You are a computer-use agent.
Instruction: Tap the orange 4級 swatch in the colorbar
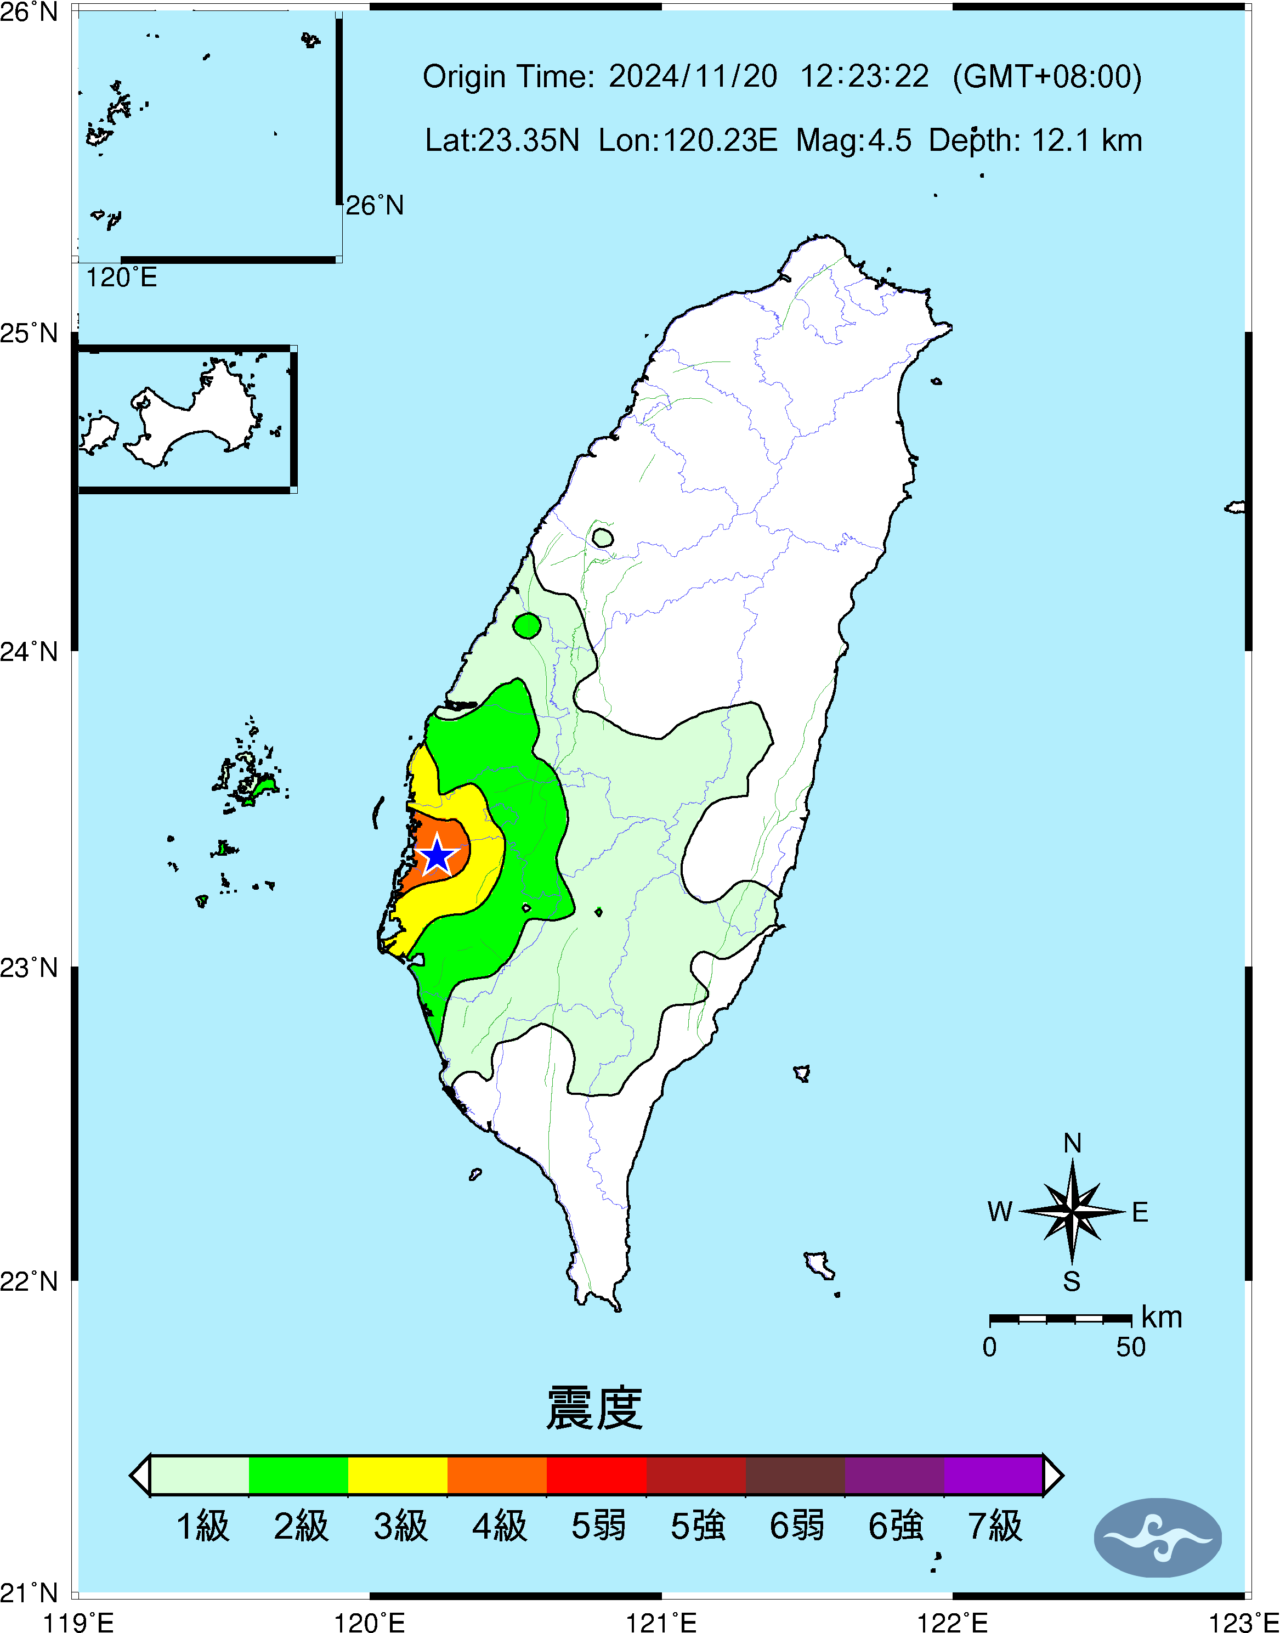coord(497,1475)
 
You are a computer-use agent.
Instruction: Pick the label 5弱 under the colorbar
coord(598,1526)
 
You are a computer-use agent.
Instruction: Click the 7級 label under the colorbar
coord(994,1526)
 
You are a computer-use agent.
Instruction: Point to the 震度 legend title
coord(594,1409)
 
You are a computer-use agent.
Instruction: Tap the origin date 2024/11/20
coord(693,76)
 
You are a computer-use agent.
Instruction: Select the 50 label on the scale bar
coord(1130,1347)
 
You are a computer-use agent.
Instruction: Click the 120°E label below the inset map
coord(121,278)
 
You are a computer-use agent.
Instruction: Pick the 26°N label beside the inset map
coord(374,205)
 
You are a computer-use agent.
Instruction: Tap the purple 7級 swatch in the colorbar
coord(993,1475)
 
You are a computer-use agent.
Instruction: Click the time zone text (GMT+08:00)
coord(1047,76)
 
